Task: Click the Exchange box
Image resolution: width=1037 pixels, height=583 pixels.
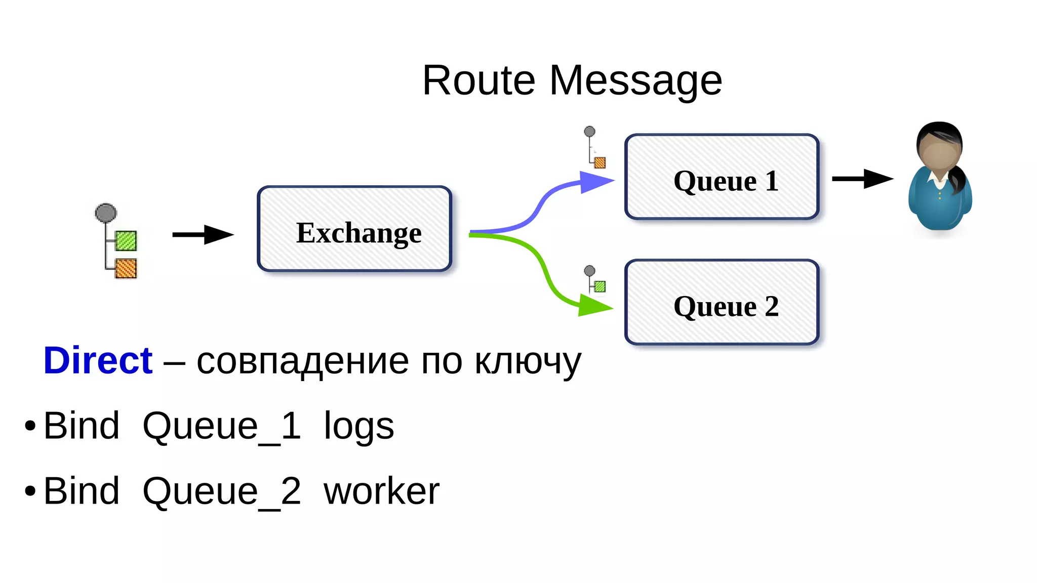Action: (354, 229)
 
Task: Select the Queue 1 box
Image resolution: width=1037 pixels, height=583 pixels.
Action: (722, 177)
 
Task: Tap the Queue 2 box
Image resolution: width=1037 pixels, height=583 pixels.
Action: (722, 302)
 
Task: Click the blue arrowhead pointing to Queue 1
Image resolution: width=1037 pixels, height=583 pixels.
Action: (595, 182)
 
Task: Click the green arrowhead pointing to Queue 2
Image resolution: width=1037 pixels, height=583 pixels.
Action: (593, 306)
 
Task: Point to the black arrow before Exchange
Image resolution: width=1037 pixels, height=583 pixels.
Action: (203, 234)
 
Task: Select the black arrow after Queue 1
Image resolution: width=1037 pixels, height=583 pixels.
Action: (862, 179)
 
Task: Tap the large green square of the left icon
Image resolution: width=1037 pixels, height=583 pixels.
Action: (126, 241)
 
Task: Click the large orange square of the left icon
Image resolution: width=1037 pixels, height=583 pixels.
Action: (126, 268)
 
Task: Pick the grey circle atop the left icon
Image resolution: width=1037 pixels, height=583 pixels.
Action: (106, 213)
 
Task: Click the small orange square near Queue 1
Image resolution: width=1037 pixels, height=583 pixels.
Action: (600, 162)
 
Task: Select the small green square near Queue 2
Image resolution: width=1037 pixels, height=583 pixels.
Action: (600, 287)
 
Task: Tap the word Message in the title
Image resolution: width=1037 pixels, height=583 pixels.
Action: (635, 81)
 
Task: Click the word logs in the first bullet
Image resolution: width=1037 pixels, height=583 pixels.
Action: (358, 426)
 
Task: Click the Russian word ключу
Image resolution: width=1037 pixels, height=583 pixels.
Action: (528, 362)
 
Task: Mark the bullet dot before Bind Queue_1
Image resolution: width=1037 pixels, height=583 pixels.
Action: (30, 426)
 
